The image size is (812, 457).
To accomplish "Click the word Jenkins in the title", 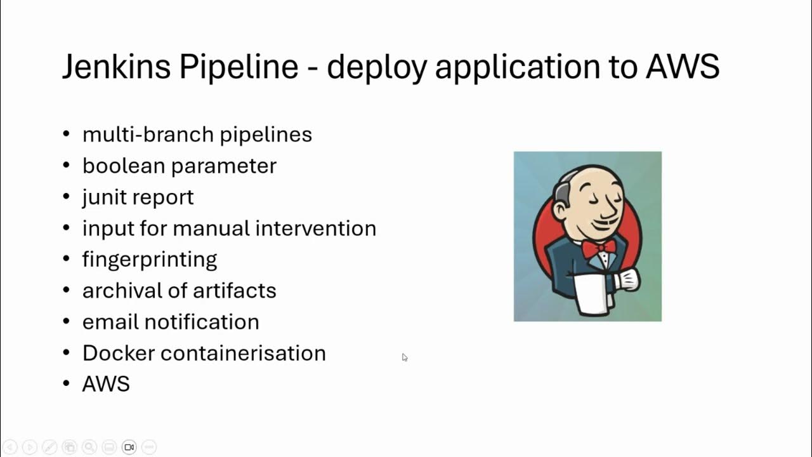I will (115, 67).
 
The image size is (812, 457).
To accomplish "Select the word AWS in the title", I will (683, 67).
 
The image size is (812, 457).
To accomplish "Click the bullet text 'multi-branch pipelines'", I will (197, 135).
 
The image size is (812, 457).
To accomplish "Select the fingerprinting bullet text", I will (150, 260).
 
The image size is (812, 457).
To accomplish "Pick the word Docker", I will (119, 353).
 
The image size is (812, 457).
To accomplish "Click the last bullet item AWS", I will (106, 384).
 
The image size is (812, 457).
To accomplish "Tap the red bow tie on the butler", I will (598, 247).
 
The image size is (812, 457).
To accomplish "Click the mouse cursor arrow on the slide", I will (404, 357).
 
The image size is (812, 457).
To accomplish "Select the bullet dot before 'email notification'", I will (67, 322).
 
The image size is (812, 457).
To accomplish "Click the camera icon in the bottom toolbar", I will (129, 447).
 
